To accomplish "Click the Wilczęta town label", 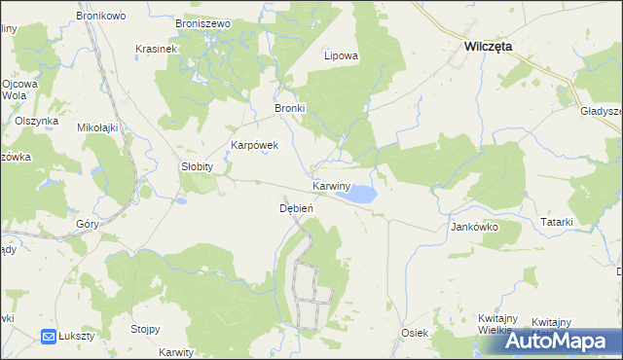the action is [x=489, y=46].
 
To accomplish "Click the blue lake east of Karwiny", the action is [x=357, y=195].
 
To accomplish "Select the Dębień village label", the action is [x=296, y=208].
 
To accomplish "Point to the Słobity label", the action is [x=196, y=166].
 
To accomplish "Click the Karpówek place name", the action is [x=254, y=145].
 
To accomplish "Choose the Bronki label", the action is [x=290, y=108].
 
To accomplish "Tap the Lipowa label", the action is [x=341, y=55].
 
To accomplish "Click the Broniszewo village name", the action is [x=202, y=22].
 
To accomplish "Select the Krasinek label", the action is [x=156, y=49].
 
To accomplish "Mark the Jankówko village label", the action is [x=474, y=227].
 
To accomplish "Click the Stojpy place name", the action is [x=145, y=329].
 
